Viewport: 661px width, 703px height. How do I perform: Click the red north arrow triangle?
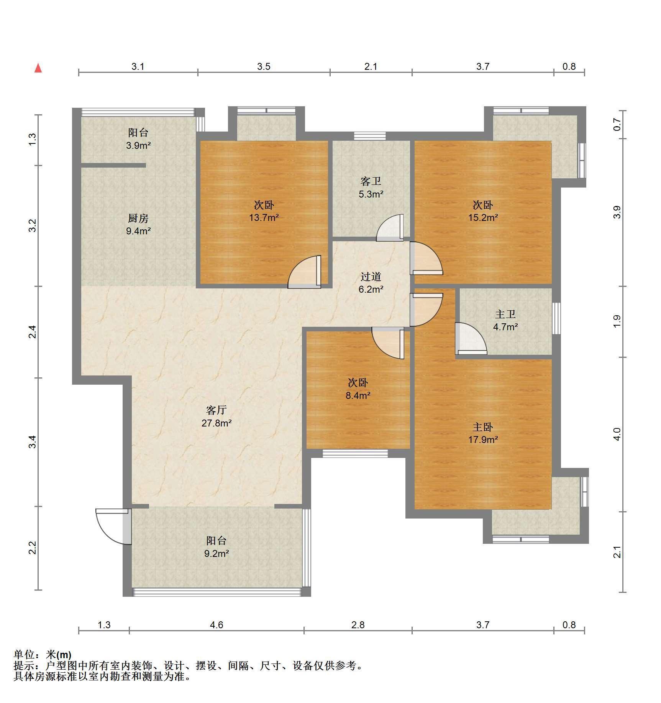coord(38,68)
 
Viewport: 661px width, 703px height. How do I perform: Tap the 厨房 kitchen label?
coord(138,225)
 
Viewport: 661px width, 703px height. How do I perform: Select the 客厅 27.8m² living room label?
coord(217,417)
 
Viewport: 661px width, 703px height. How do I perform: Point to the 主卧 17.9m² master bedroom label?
coord(483,433)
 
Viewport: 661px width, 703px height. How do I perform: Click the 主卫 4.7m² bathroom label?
coord(505,321)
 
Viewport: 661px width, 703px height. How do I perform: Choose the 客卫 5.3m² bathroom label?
coord(371,188)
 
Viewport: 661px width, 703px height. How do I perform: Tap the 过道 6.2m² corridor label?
coord(371,283)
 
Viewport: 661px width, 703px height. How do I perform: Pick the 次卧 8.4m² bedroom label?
coord(358,389)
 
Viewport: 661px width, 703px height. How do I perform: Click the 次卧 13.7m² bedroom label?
coord(264,211)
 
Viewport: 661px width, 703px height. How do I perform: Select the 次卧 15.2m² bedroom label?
coord(483,211)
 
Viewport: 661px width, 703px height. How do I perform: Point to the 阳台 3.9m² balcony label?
coord(138,139)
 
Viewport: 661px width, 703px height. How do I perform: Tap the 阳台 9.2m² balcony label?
coord(217,547)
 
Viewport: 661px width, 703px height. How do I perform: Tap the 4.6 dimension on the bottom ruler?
coord(217,625)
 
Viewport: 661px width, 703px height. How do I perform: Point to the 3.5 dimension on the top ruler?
coord(264,66)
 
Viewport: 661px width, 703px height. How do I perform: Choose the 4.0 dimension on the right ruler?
coord(617,434)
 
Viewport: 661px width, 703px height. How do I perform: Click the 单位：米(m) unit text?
coord(43,654)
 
